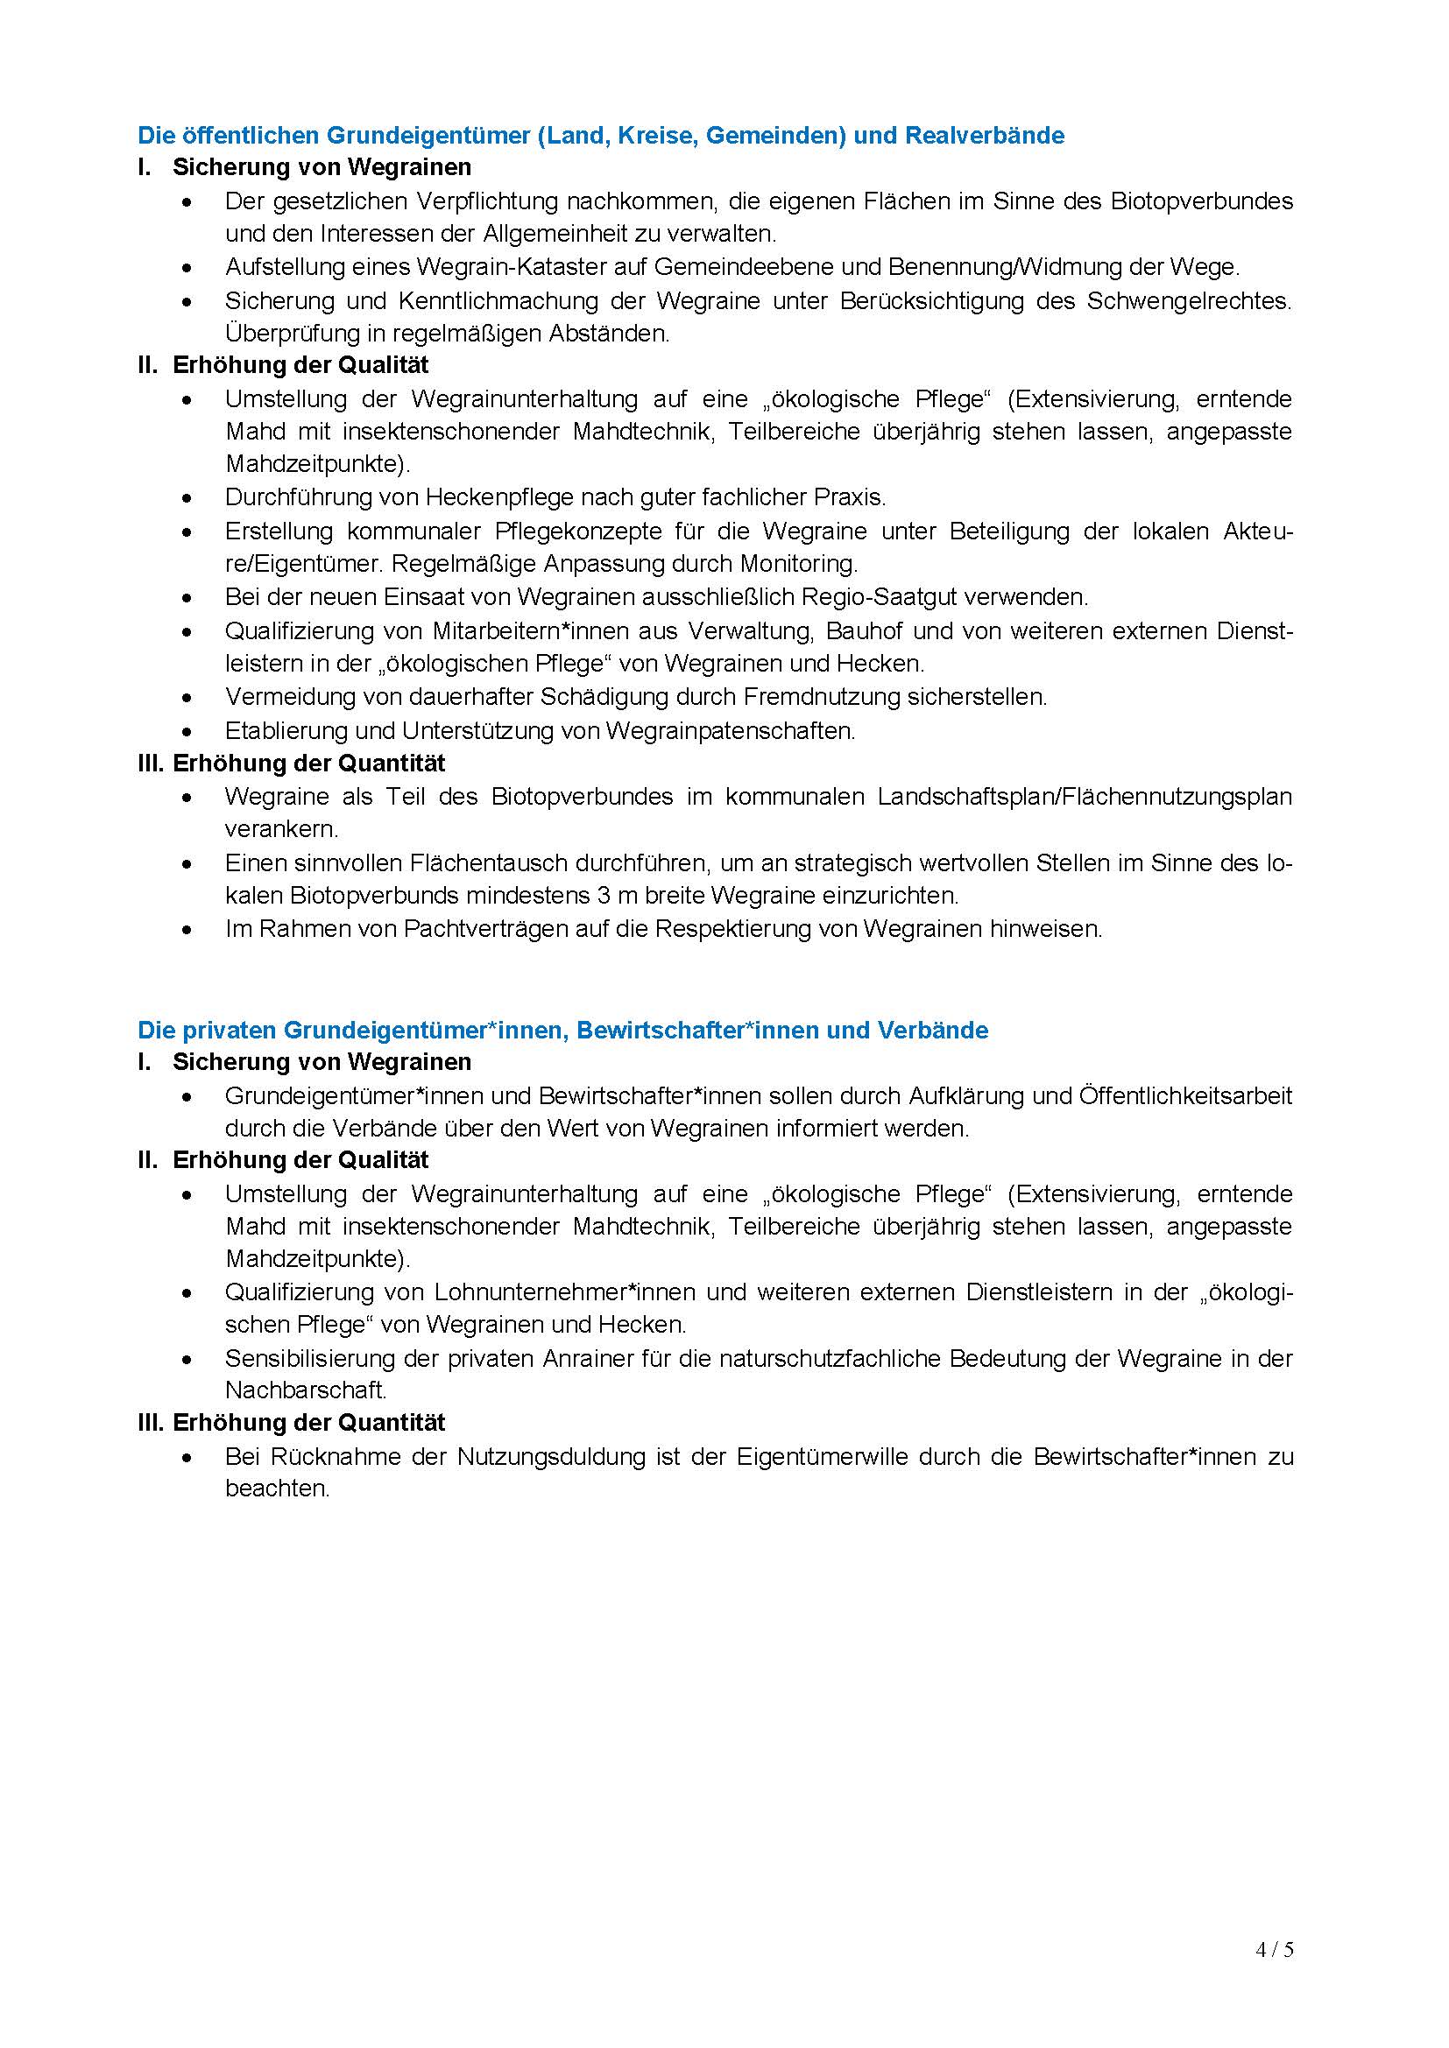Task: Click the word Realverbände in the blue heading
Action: (984, 136)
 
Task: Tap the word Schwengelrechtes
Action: (1190, 300)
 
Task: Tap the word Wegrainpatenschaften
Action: (730, 730)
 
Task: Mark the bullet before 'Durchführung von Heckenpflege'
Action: (187, 496)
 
